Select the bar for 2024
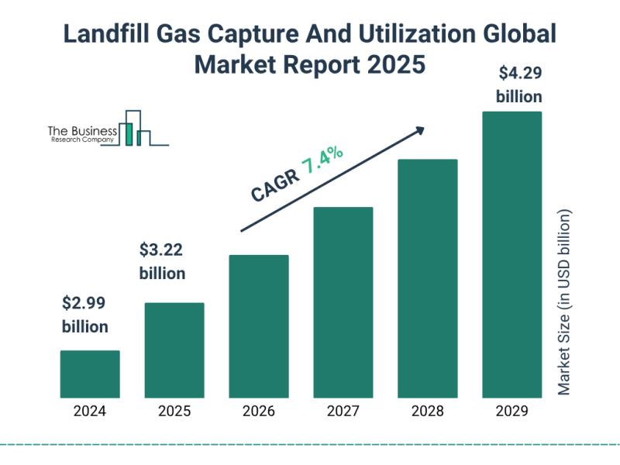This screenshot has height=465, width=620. [90, 374]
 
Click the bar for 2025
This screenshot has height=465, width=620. [174, 350]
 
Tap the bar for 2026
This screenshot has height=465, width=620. [259, 326]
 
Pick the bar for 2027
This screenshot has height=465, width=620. [343, 302]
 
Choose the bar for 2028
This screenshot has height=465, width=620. [428, 278]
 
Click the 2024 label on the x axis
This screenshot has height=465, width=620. [90, 412]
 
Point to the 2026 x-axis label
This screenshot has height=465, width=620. [259, 412]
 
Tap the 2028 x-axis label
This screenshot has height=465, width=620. [428, 412]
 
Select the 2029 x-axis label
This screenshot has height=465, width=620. [512, 412]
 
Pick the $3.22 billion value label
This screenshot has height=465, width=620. [162, 262]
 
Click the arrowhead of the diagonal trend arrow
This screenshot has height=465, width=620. [421, 129]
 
